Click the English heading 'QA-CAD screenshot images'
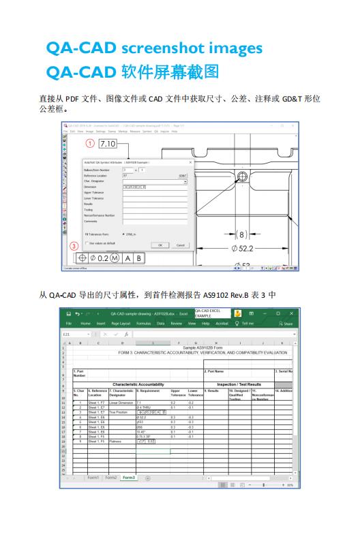pos(153,48)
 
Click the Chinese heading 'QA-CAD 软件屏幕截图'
pos(132,72)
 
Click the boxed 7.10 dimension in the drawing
pos(108,144)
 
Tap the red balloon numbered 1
pos(89,144)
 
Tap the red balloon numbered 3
pos(74,246)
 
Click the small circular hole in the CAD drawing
pos(242,179)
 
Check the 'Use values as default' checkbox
pos(86,243)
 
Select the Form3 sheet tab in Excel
pos(128,478)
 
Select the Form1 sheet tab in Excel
pos(93,478)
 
